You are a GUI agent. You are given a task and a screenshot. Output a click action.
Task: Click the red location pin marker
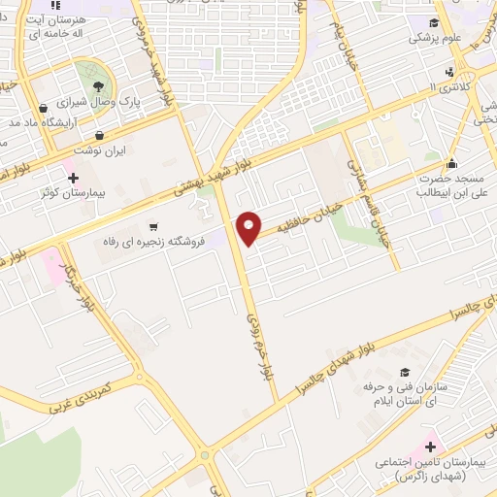click(x=249, y=227)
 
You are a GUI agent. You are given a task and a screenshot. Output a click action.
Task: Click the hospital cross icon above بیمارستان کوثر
click(x=72, y=177)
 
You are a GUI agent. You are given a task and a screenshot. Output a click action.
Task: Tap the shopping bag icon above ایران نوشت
click(x=100, y=135)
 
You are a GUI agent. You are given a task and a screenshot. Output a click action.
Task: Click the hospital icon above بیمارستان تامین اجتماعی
click(x=430, y=447)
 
